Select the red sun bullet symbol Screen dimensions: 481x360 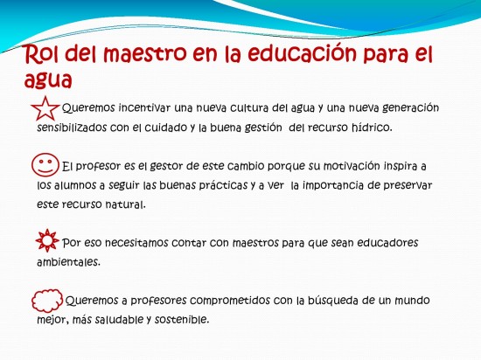pyautogui.click(x=47, y=240)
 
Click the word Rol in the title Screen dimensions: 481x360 pyautogui.click(x=42, y=54)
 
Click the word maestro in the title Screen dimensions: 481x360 pyautogui.click(x=144, y=53)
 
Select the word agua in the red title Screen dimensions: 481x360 pyautogui.click(x=48, y=81)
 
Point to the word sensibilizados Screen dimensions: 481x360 pyautogui.click(x=72, y=128)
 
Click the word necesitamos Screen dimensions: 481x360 pyautogui.click(x=136, y=243)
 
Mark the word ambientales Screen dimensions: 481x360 pyautogui.click(x=69, y=262)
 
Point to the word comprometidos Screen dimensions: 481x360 pyautogui.click(x=230, y=301)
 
